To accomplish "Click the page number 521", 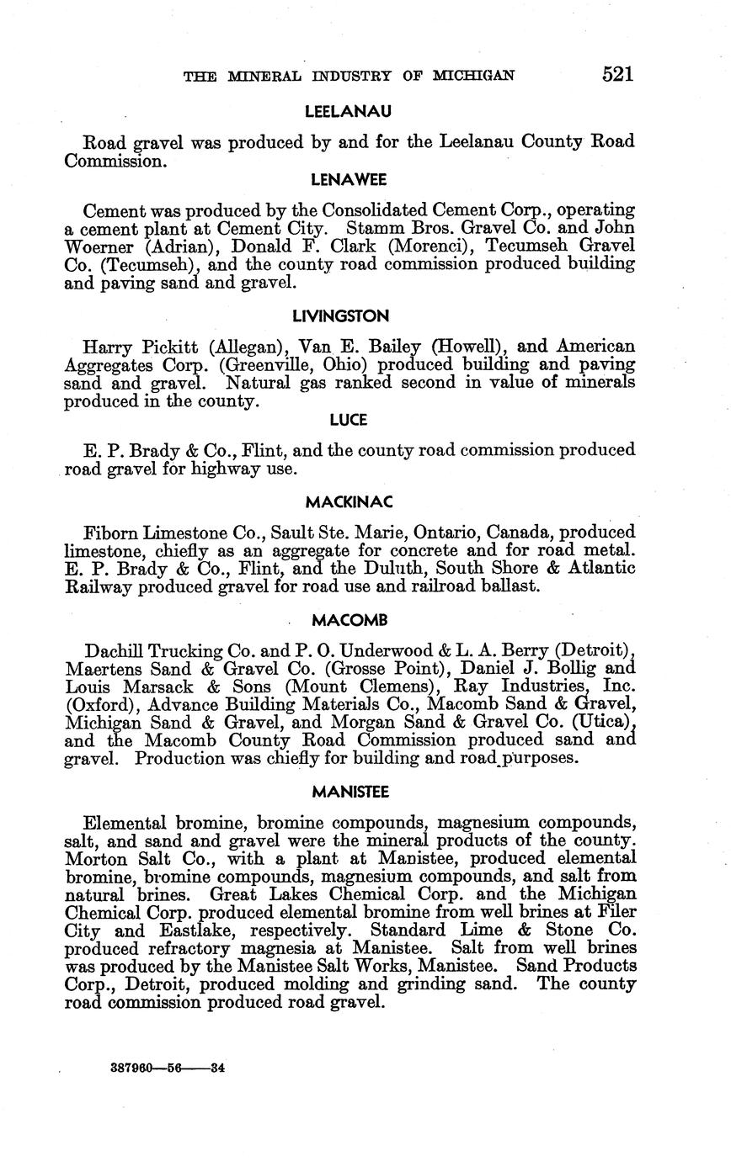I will tap(617, 74).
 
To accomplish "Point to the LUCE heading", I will tap(348, 420).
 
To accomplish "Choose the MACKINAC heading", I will tap(349, 502).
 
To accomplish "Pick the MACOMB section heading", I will tap(349, 621).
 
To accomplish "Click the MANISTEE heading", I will tap(349, 792).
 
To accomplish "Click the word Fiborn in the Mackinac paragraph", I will tap(109, 533).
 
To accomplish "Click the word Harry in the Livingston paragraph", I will tap(106, 347).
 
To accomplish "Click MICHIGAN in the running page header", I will tap(472, 76).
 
